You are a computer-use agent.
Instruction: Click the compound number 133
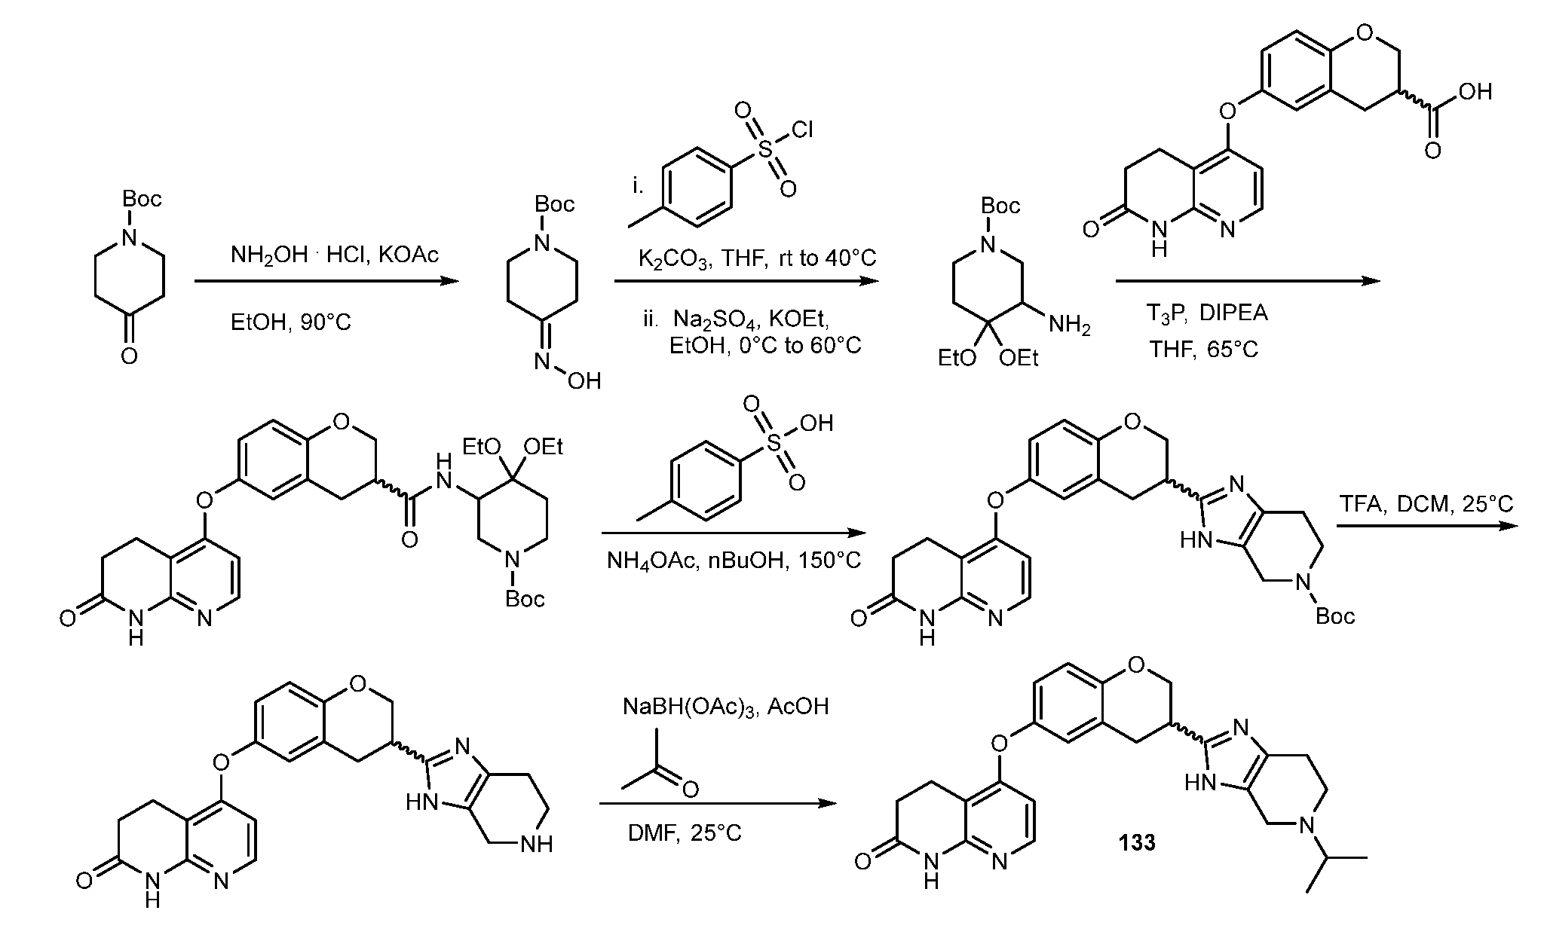click(x=1137, y=842)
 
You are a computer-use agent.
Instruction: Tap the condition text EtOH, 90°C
click(x=290, y=323)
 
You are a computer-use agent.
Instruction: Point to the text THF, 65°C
click(x=1204, y=350)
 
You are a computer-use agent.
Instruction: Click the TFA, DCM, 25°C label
click(x=1426, y=504)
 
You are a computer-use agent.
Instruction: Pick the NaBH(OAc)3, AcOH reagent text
click(x=725, y=707)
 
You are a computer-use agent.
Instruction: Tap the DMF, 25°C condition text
click(x=685, y=832)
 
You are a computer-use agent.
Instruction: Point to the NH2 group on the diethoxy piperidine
click(x=1069, y=325)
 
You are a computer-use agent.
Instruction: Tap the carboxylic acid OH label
click(x=1475, y=92)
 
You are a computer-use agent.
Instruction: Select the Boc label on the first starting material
click(x=142, y=199)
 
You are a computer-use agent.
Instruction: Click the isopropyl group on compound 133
click(x=1335, y=871)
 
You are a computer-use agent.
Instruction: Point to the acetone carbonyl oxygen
click(x=689, y=789)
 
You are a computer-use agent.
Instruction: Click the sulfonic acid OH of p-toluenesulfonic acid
click(x=816, y=423)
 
